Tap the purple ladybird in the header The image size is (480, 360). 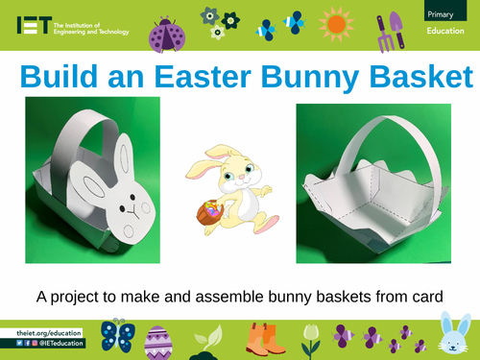[x=165, y=32]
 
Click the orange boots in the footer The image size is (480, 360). [x=260, y=341]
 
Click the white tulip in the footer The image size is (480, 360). [x=309, y=338]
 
